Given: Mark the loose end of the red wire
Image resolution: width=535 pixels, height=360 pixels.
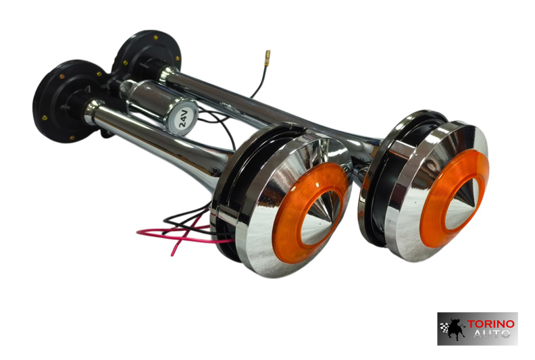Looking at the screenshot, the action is point(172,254).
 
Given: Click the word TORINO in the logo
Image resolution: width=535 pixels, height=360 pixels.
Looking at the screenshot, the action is point(490,324).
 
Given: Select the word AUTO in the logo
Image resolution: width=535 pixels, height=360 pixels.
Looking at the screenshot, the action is point(491,334).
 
